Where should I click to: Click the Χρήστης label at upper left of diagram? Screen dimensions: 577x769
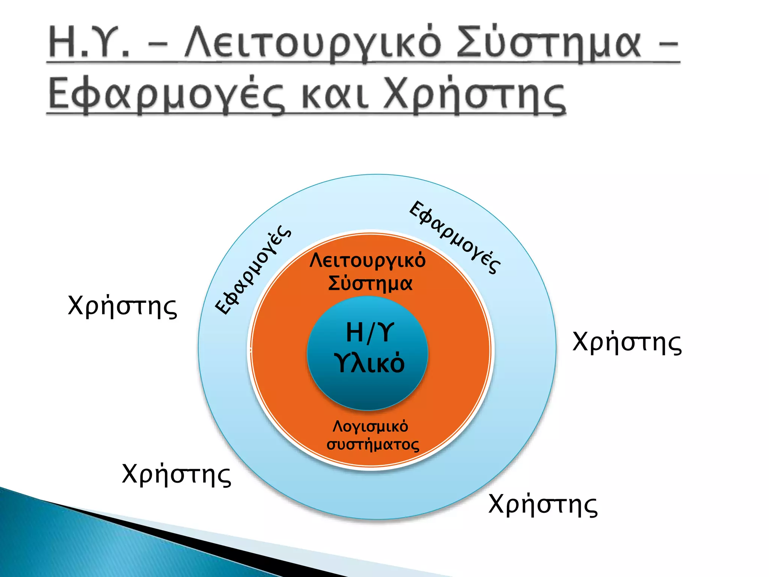pyautogui.click(x=122, y=306)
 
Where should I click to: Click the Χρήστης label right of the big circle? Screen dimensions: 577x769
pyautogui.click(x=627, y=342)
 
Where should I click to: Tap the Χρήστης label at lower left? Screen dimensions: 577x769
pyautogui.click(x=176, y=474)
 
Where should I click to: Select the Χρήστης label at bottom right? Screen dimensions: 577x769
pyautogui.click(x=543, y=504)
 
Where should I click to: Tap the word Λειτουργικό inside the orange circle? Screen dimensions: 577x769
pyautogui.click(x=368, y=260)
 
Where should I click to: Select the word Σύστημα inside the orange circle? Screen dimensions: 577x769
pyautogui.click(x=370, y=283)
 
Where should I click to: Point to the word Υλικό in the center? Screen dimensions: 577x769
pyautogui.click(x=369, y=363)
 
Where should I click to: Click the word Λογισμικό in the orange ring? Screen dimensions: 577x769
pyautogui.click(x=370, y=426)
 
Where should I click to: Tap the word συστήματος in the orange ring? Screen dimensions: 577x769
pyautogui.click(x=372, y=445)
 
